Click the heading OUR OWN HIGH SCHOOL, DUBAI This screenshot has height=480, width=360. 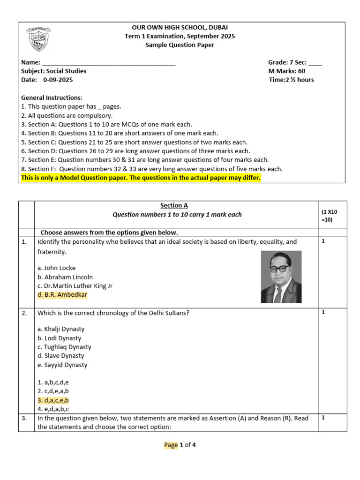[180, 28]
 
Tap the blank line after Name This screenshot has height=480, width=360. [109, 63]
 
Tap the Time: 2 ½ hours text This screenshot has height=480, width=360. [291, 80]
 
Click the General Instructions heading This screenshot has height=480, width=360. [52, 97]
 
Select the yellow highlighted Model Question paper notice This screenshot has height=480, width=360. [141, 178]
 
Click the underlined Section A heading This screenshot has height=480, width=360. [174, 205]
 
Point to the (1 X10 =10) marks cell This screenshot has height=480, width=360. [330, 216]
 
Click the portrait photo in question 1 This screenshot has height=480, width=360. [281, 277]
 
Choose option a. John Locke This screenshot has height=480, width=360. [56, 268]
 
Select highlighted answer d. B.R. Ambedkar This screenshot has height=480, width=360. [62, 295]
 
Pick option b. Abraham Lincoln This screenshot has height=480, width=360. [65, 277]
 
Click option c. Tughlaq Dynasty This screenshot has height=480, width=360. [64, 347]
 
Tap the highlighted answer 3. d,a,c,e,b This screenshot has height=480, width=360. [53, 400]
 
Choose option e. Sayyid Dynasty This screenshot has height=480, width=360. [62, 365]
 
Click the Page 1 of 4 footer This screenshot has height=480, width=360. [180, 445]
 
